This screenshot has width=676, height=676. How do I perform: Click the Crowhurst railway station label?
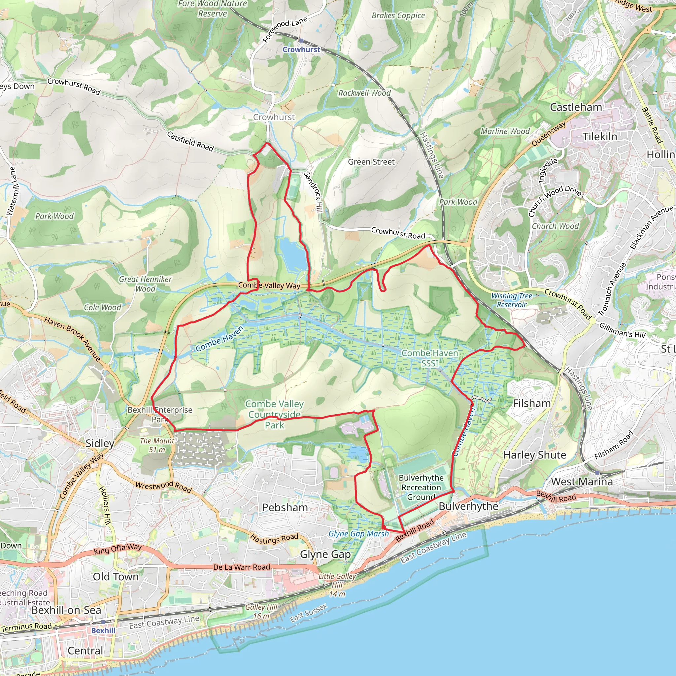[x=301, y=50]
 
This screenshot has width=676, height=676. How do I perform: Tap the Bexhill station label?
[x=103, y=630]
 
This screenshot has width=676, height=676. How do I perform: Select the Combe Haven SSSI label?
[x=430, y=358]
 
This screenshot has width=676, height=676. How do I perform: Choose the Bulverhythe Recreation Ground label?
[x=421, y=488]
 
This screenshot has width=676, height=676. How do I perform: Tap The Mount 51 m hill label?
[x=157, y=445]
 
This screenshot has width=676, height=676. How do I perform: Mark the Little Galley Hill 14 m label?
[x=337, y=585]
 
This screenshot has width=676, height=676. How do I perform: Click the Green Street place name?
[x=371, y=162]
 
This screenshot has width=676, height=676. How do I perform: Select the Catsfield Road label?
[x=190, y=141]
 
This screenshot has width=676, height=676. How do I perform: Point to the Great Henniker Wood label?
[x=145, y=284]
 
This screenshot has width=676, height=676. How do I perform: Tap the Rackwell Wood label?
[x=364, y=93]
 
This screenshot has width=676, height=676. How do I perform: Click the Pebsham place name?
[x=285, y=507]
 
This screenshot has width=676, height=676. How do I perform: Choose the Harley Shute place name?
[x=534, y=455]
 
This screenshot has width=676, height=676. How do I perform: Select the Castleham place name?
[x=576, y=107]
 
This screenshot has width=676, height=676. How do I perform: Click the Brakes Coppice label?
[x=398, y=16]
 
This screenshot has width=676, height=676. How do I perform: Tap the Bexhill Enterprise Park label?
[x=160, y=414]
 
